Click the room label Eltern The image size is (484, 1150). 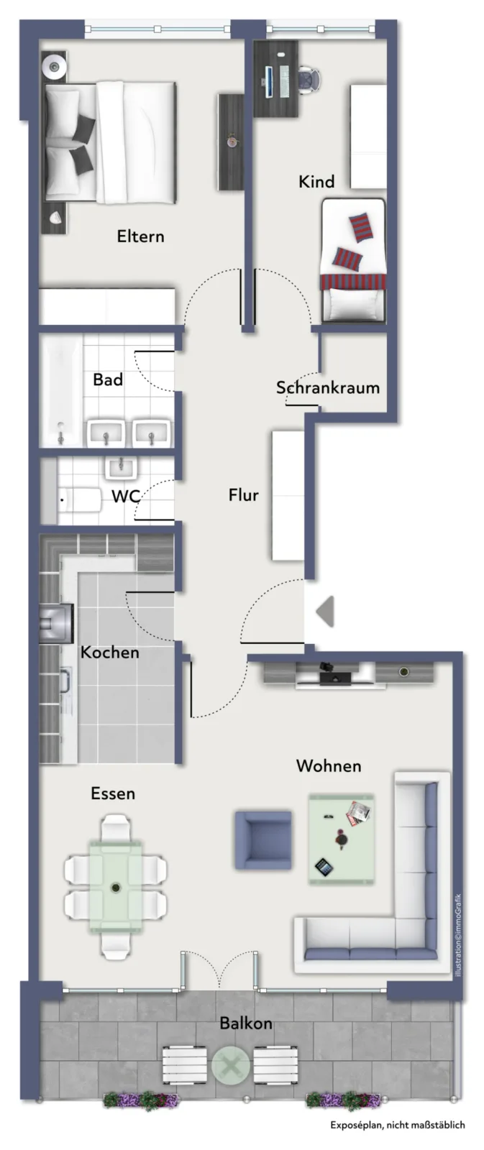[140, 236]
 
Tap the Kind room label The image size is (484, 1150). [316, 181]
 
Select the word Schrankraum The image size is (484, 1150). [328, 387]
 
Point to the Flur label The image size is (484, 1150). [244, 495]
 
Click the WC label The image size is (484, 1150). [126, 496]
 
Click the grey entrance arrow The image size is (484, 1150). [325, 611]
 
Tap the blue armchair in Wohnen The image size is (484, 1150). [263, 840]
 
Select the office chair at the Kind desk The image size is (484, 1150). [310, 80]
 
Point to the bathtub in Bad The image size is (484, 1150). [61, 391]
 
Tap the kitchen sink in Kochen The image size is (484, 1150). [57, 623]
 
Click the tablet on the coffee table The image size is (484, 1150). [324, 867]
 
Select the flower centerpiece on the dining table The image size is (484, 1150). [116, 887]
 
